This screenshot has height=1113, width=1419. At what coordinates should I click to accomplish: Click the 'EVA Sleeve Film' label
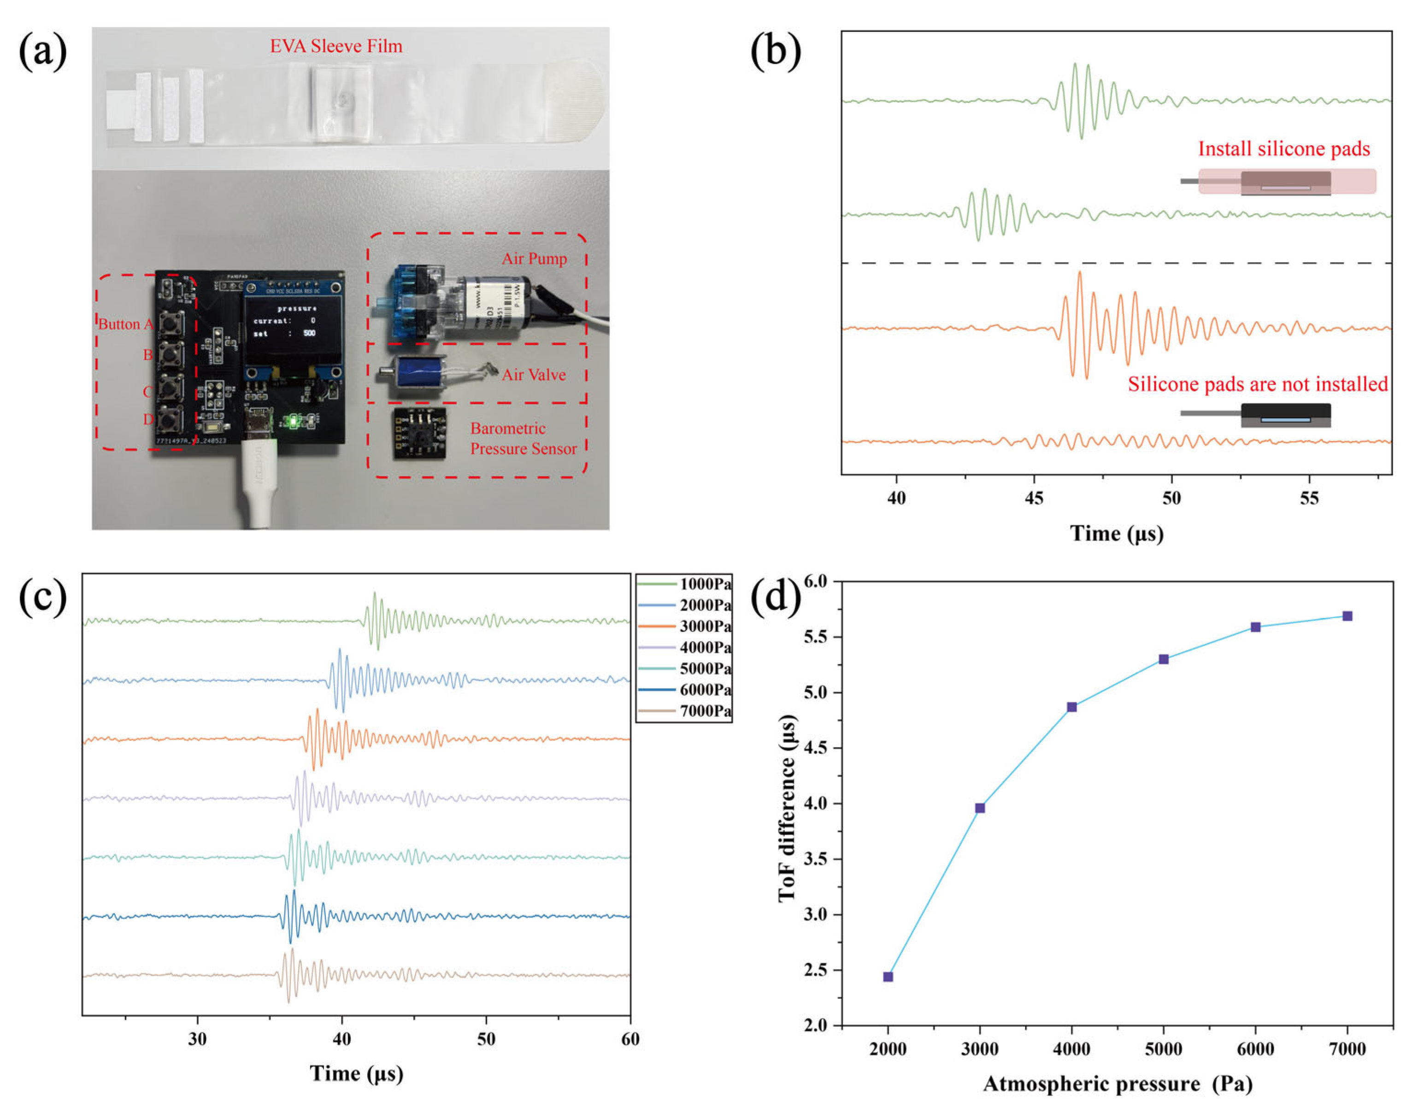336,46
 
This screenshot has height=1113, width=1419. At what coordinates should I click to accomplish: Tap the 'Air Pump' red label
534,259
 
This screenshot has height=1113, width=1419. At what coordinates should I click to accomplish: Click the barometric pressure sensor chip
419,433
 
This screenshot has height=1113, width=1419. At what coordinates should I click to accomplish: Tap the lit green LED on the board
293,422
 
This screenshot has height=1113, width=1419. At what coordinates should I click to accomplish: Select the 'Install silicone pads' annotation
1284,149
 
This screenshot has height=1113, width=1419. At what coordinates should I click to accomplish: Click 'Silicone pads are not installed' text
1257,384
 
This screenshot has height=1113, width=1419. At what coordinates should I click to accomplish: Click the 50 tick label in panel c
486,1039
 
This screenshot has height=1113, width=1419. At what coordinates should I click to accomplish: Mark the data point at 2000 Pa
888,977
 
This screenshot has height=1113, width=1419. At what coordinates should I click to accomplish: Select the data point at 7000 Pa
1347,616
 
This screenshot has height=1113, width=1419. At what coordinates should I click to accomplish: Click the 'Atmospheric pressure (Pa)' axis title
1117,1084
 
